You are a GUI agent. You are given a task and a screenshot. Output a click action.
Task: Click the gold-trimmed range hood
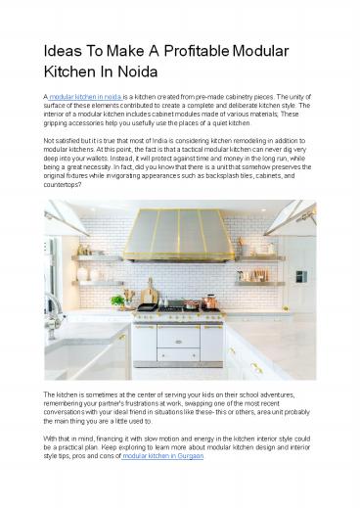[180, 236]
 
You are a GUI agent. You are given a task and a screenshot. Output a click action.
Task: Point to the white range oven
[179, 340]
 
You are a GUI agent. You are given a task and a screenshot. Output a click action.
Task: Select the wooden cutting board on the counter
[149, 294]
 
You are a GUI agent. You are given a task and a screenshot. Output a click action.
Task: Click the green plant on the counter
[117, 300]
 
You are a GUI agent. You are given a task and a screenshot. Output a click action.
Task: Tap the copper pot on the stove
[209, 301]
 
